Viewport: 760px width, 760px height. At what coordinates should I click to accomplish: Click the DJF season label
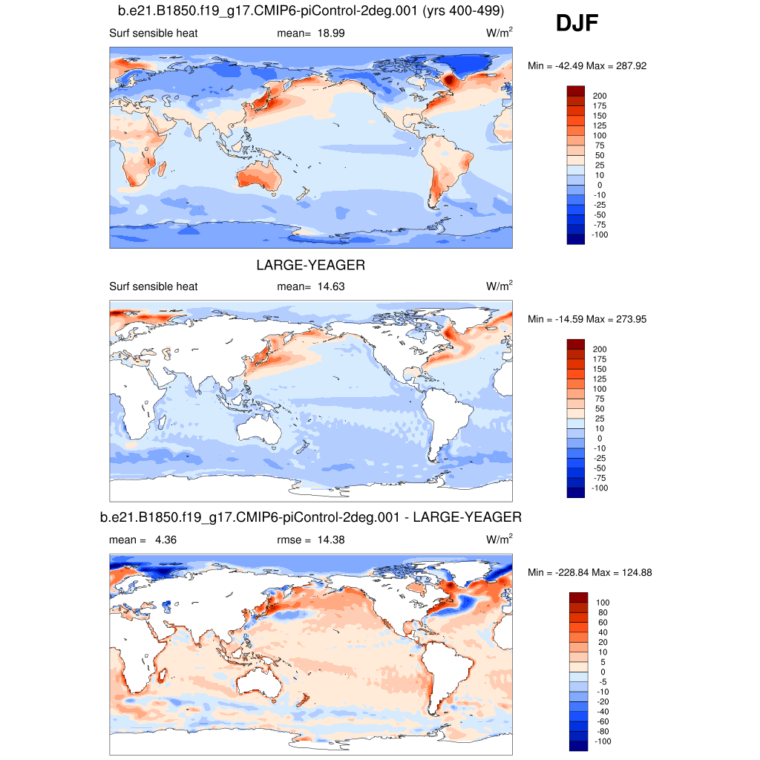click(x=577, y=24)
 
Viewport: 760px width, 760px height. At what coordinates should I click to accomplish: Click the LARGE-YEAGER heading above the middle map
click(x=311, y=265)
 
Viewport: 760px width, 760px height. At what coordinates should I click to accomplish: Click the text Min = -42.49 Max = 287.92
click(x=587, y=66)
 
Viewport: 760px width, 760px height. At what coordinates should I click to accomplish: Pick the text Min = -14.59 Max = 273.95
click(x=587, y=319)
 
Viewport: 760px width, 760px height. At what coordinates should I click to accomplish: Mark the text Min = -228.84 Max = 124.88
click(x=590, y=572)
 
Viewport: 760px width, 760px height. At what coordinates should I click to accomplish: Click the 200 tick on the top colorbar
click(x=599, y=96)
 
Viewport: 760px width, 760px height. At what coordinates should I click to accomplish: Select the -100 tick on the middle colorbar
click(x=600, y=488)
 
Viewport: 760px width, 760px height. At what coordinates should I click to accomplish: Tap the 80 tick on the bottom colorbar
click(x=602, y=612)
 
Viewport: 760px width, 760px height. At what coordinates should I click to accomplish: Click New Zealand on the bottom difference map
click(x=303, y=699)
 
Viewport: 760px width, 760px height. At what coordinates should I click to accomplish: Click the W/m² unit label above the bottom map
click(x=499, y=540)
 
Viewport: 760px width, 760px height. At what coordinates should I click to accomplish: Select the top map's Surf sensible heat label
click(x=153, y=33)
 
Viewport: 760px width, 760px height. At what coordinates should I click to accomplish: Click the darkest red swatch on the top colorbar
click(x=575, y=91)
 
